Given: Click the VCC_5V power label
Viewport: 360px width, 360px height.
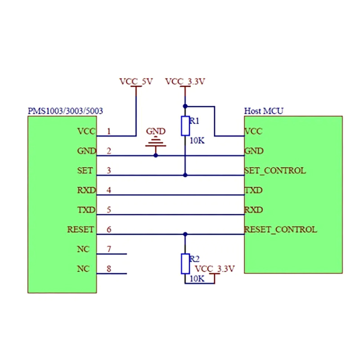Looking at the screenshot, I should pyautogui.click(x=136, y=82).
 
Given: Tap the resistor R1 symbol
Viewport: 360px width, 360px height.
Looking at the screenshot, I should pyautogui.click(x=185, y=126).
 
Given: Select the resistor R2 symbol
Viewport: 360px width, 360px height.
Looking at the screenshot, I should pyautogui.click(x=185, y=264).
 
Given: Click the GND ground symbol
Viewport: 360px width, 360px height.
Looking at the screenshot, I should pyautogui.click(x=156, y=143).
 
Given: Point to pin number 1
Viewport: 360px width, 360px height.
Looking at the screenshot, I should pyautogui.click(x=109, y=131).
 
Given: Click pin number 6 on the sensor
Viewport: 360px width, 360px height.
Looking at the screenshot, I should pyautogui.click(x=109, y=229).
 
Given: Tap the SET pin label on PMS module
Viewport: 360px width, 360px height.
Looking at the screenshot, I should pyautogui.click(x=85, y=171).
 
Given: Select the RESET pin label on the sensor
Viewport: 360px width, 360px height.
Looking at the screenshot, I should pyautogui.click(x=81, y=229).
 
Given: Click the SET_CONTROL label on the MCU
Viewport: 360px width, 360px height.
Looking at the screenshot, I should pyautogui.click(x=275, y=171).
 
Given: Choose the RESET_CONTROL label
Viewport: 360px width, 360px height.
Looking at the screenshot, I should pyautogui.click(x=280, y=229).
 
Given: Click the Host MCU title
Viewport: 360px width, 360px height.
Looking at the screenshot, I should pyautogui.click(x=264, y=111).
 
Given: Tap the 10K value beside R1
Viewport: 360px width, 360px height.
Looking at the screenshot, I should pyautogui.click(x=197, y=140).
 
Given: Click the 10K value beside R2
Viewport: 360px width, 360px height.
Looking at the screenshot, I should pyautogui.click(x=197, y=279).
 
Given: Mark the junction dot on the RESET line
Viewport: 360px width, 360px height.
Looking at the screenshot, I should pyautogui.click(x=185, y=234).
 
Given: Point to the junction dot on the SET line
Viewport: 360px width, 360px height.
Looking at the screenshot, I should pyautogui.click(x=185, y=175).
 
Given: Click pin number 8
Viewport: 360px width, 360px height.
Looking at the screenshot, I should pyautogui.click(x=109, y=269).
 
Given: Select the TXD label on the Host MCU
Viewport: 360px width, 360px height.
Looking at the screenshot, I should pyautogui.click(x=254, y=190).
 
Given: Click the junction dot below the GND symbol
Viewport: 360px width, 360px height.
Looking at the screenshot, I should pyautogui.click(x=156, y=155).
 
